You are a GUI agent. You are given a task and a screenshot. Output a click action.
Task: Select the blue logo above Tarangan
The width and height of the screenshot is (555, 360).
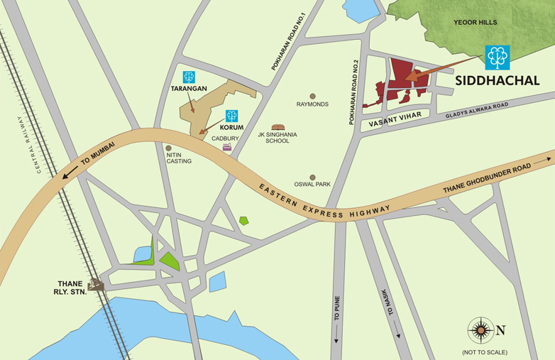pos(189,77)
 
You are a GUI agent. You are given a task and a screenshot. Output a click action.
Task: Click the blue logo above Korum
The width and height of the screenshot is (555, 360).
pos(231,115)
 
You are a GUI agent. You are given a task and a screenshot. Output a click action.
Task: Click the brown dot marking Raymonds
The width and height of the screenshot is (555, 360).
pos(312,95)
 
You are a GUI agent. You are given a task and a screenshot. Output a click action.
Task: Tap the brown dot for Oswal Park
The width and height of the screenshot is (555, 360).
pos(312,178)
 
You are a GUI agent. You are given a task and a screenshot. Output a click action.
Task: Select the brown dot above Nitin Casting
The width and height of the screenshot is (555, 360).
pos(168,148)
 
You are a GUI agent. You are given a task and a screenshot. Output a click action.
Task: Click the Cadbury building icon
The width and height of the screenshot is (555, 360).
pos(227,147)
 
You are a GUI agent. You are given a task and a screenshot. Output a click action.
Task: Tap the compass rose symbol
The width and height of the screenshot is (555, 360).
pos(480,329)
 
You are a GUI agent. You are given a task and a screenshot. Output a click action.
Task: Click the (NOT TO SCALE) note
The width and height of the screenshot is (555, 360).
pos(485,352)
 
